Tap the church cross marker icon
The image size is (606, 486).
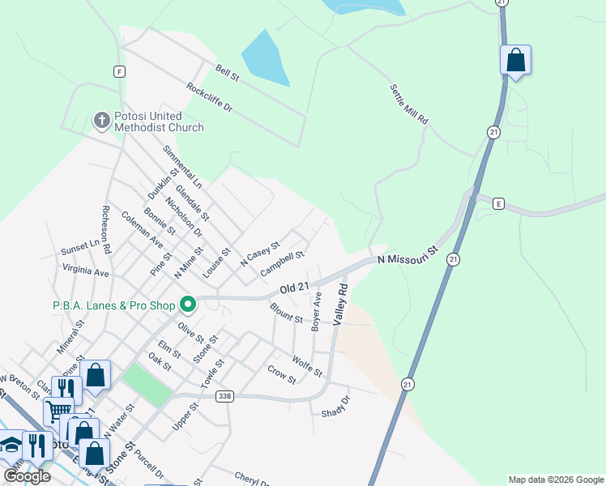[x=101, y=121]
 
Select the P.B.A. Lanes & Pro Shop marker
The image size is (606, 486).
[x=188, y=305]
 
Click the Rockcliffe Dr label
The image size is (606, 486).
[x=209, y=97]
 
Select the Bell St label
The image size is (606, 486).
[x=228, y=73]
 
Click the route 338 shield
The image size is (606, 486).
[x=225, y=396]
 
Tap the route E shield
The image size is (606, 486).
[x=498, y=204]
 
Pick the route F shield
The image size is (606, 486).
[x=120, y=71]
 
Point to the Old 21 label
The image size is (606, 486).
[x=295, y=288]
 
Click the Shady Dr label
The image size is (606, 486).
[x=335, y=405]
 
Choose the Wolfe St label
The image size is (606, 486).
[x=307, y=366]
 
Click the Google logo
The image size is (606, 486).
[x=27, y=476]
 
